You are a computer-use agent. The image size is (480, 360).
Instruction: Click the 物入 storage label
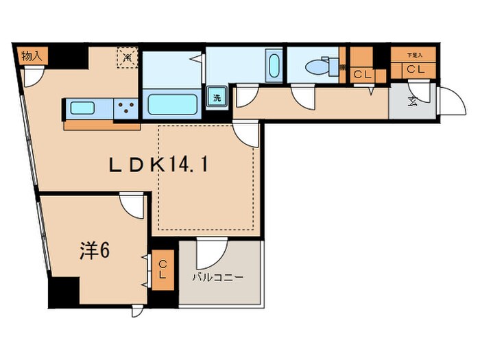[x=30, y=56]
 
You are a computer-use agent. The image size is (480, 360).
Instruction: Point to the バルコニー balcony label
[x=217, y=278]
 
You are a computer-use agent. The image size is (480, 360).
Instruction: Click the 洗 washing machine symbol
[x=217, y=97]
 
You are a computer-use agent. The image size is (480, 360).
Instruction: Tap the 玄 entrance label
[x=413, y=102]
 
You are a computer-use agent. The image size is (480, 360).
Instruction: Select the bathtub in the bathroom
[x=173, y=104]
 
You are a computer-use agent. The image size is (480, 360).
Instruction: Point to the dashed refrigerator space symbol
[x=127, y=58]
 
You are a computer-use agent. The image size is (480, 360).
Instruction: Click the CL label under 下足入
[x=413, y=69]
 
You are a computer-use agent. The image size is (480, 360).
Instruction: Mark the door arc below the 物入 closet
[x=32, y=77]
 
